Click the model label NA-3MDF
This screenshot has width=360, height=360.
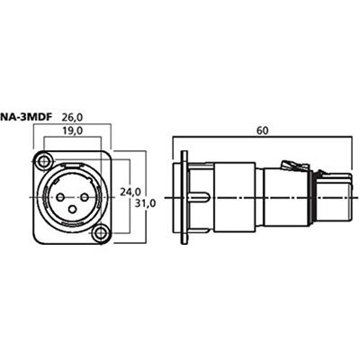coord(25,117)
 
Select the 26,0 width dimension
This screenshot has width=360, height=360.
coord(72,117)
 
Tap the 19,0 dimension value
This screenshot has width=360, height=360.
coord(72,130)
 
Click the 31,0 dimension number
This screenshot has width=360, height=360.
coord(145,203)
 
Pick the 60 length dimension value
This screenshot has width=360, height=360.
coord(262,130)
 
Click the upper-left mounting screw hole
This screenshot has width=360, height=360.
coord(44,161)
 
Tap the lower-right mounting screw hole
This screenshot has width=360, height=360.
coord(100,233)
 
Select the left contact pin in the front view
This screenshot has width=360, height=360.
coord(60,197)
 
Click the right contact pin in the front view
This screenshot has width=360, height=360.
coord(85,197)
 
